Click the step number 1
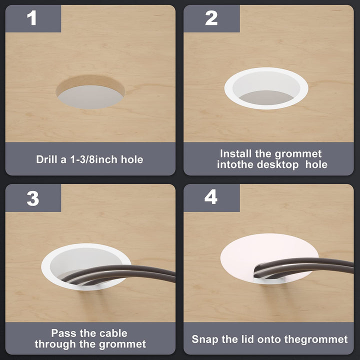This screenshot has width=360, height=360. pos(31,18)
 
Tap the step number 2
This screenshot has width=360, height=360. pos(211,18)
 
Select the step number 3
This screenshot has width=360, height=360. pos(33,198)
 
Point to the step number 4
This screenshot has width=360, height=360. pos(211,197)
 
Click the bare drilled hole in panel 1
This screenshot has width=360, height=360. pos(90,92)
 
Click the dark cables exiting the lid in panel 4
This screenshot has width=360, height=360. pos(303,267)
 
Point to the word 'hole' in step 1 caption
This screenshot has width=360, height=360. pos(132,159)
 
